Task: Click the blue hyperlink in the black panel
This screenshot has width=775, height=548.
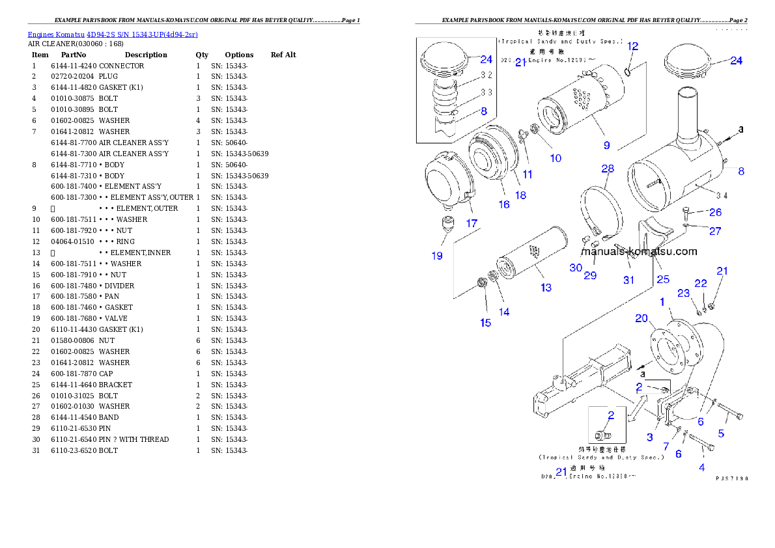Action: tap(113, 34)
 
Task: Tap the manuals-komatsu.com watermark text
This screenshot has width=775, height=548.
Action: tap(639, 252)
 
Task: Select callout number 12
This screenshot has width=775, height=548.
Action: tap(632, 46)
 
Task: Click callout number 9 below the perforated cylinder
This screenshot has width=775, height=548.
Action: tap(606, 145)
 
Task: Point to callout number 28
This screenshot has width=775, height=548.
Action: tap(608, 169)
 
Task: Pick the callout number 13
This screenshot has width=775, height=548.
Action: tap(546, 288)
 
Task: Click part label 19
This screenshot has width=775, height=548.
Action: tap(437, 256)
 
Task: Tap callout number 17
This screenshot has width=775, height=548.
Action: tap(472, 223)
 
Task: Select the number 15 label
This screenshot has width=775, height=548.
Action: tap(486, 323)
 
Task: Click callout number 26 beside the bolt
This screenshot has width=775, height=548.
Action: tap(715, 212)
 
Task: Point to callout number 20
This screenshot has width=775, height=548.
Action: tap(642, 318)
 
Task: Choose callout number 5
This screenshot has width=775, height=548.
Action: tap(721, 433)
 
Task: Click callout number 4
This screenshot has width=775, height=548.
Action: tap(701, 467)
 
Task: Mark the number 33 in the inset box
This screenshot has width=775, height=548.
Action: tap(486, 92)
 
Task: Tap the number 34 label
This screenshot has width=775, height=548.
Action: tap(721, 195)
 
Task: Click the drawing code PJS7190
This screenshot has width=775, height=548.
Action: tap(731, 478)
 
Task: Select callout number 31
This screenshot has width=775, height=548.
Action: tap(628, 280)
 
